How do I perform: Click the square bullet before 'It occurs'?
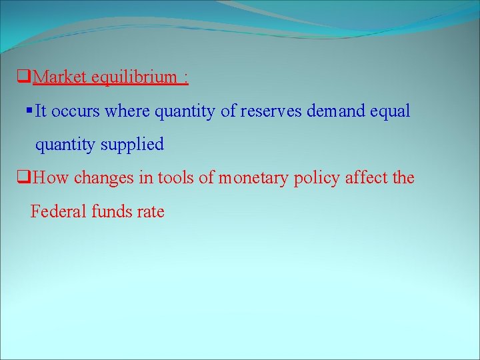tap(29, 109)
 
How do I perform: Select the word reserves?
tap(271, 111)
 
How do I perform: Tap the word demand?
tap(335, 111)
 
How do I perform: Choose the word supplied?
tap(133, 145)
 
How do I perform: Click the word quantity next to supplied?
tap(64, 145)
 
